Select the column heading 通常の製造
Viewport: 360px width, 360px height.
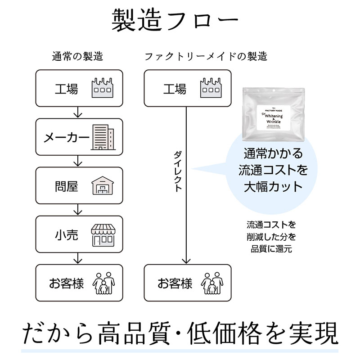pos(77,57)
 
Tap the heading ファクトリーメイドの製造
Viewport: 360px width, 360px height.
pos(206,57)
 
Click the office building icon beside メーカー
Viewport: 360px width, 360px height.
pos(103,137)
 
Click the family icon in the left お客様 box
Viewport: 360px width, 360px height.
pos(103,283)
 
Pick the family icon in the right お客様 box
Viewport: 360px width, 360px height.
pos(212,283)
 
